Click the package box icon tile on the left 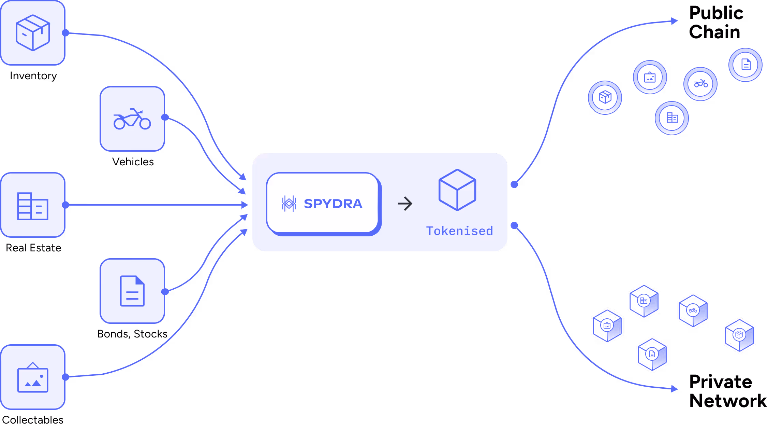[x=33, y=33]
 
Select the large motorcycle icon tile [x=132, y=119]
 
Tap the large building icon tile [x=33, y=205]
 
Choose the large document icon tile [x=132, y=291]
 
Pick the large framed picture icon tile [x=33, y=377]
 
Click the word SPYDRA [x=333, y=204]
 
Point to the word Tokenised [x=459, y=231]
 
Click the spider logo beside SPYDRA [x=289, y=204]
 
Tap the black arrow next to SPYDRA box [x=405, y=204]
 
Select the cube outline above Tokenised [x=457, y=190]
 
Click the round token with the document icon [x=745, y=65]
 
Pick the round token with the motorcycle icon [x=700, y=84]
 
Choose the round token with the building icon [x=672, y=118]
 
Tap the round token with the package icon [x=605, y=97]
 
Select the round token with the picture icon [x=650, y=77]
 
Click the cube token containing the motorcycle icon [x=693, y=311]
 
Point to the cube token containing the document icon [x=652, y=354]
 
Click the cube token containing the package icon [x=739, y=335]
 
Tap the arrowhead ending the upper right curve [x=674, y=21]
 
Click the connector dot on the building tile [x=66, y=205]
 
